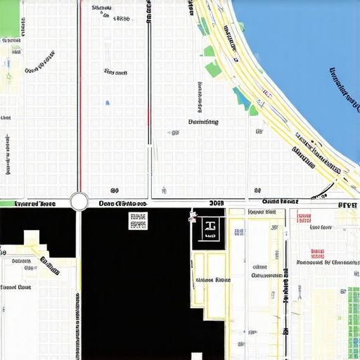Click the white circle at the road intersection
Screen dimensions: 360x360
(79, 202)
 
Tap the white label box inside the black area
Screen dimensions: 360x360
(138, 221)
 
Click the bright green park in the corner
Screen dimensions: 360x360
(10, 18)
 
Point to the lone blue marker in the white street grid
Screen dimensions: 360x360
(108, 104)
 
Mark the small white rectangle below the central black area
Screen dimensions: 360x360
(197, 356)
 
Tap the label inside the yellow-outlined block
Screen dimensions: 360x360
(213, 280)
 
